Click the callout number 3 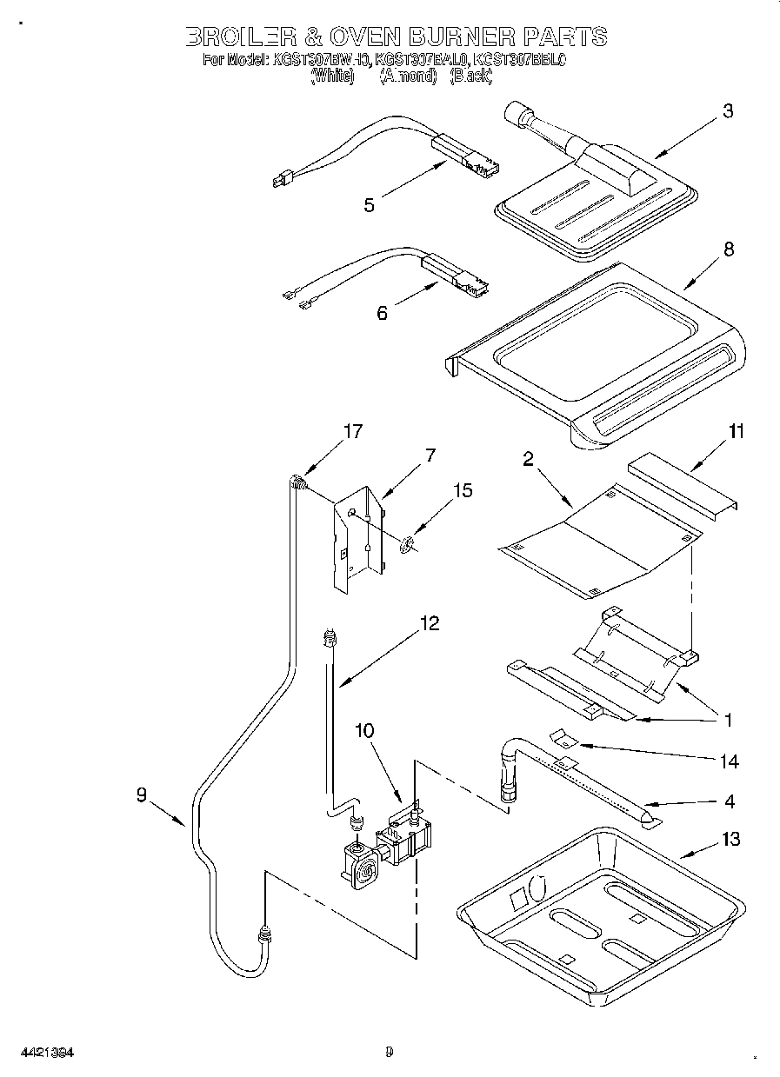[x=728, y=111]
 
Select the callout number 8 [x=728, y=249]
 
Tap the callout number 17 [x=353, y=431]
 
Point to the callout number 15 [x=463, y=491]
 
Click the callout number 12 [x=429, y=623]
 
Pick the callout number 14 [x=729, y=761]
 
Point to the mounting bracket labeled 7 [x=359, y=539]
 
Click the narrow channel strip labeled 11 [x=683, y=487]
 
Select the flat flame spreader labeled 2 [x=600, y=543]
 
